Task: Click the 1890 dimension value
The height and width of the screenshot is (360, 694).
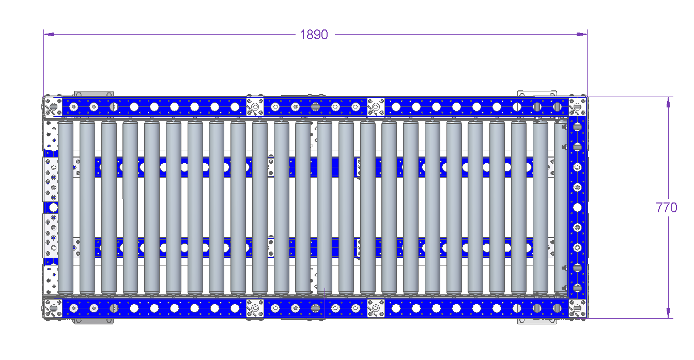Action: coord(314,35)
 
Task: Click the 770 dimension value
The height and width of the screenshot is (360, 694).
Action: coord(667,208)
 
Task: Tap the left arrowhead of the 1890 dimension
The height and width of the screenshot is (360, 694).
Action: coord(49,35)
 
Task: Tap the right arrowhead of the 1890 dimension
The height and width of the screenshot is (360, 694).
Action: coord(581,35)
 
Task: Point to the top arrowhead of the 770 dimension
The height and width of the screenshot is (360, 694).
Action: coord(668,102)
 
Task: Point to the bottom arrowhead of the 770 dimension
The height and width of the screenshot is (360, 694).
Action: coord(668,312)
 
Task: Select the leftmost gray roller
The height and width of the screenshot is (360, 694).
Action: coord(66,208)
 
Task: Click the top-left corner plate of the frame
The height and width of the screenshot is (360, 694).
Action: coord(53,107)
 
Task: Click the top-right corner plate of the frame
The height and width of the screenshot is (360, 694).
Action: coord(578,107)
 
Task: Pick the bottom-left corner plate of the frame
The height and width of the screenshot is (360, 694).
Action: coord(53,308)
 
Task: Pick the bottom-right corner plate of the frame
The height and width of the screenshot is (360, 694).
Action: coord(578,308)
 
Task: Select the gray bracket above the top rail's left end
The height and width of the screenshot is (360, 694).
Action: coord(94,94)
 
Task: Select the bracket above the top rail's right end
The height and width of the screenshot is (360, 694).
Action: coord(537,94)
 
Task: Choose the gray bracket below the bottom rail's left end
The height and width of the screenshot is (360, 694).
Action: coord(94,321)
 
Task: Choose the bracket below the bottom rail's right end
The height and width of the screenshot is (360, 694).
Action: coord(537,321)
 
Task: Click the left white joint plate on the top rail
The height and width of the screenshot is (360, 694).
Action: coord(255,107)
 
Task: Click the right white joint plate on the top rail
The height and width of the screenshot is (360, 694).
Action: coord(376,107)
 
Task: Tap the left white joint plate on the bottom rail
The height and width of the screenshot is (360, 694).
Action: coord(255,308)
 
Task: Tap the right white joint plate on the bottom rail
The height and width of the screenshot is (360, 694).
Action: coord(376,308)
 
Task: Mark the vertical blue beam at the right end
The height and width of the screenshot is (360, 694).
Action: coord(577,208)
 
